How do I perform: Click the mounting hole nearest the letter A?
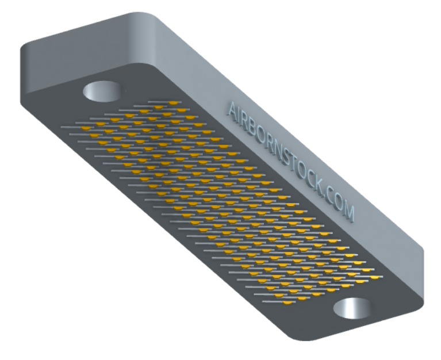(102, 91)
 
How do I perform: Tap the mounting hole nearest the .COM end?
(352, 308)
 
